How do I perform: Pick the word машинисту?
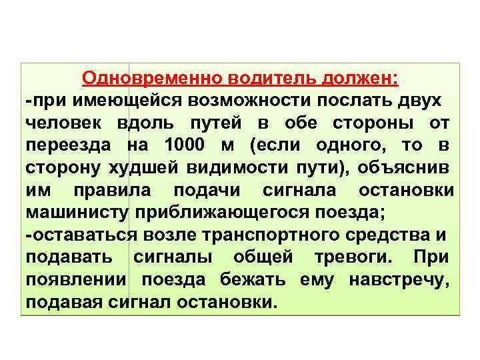(78, 213)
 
